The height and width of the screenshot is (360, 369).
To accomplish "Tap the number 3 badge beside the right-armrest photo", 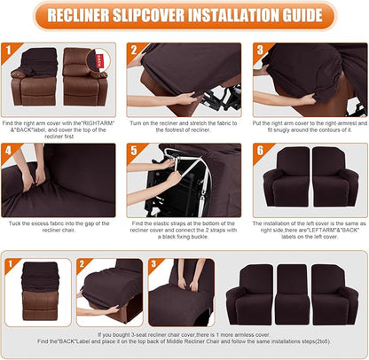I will point(262,51).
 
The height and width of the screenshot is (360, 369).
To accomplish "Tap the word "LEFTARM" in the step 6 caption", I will point(306,231).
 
